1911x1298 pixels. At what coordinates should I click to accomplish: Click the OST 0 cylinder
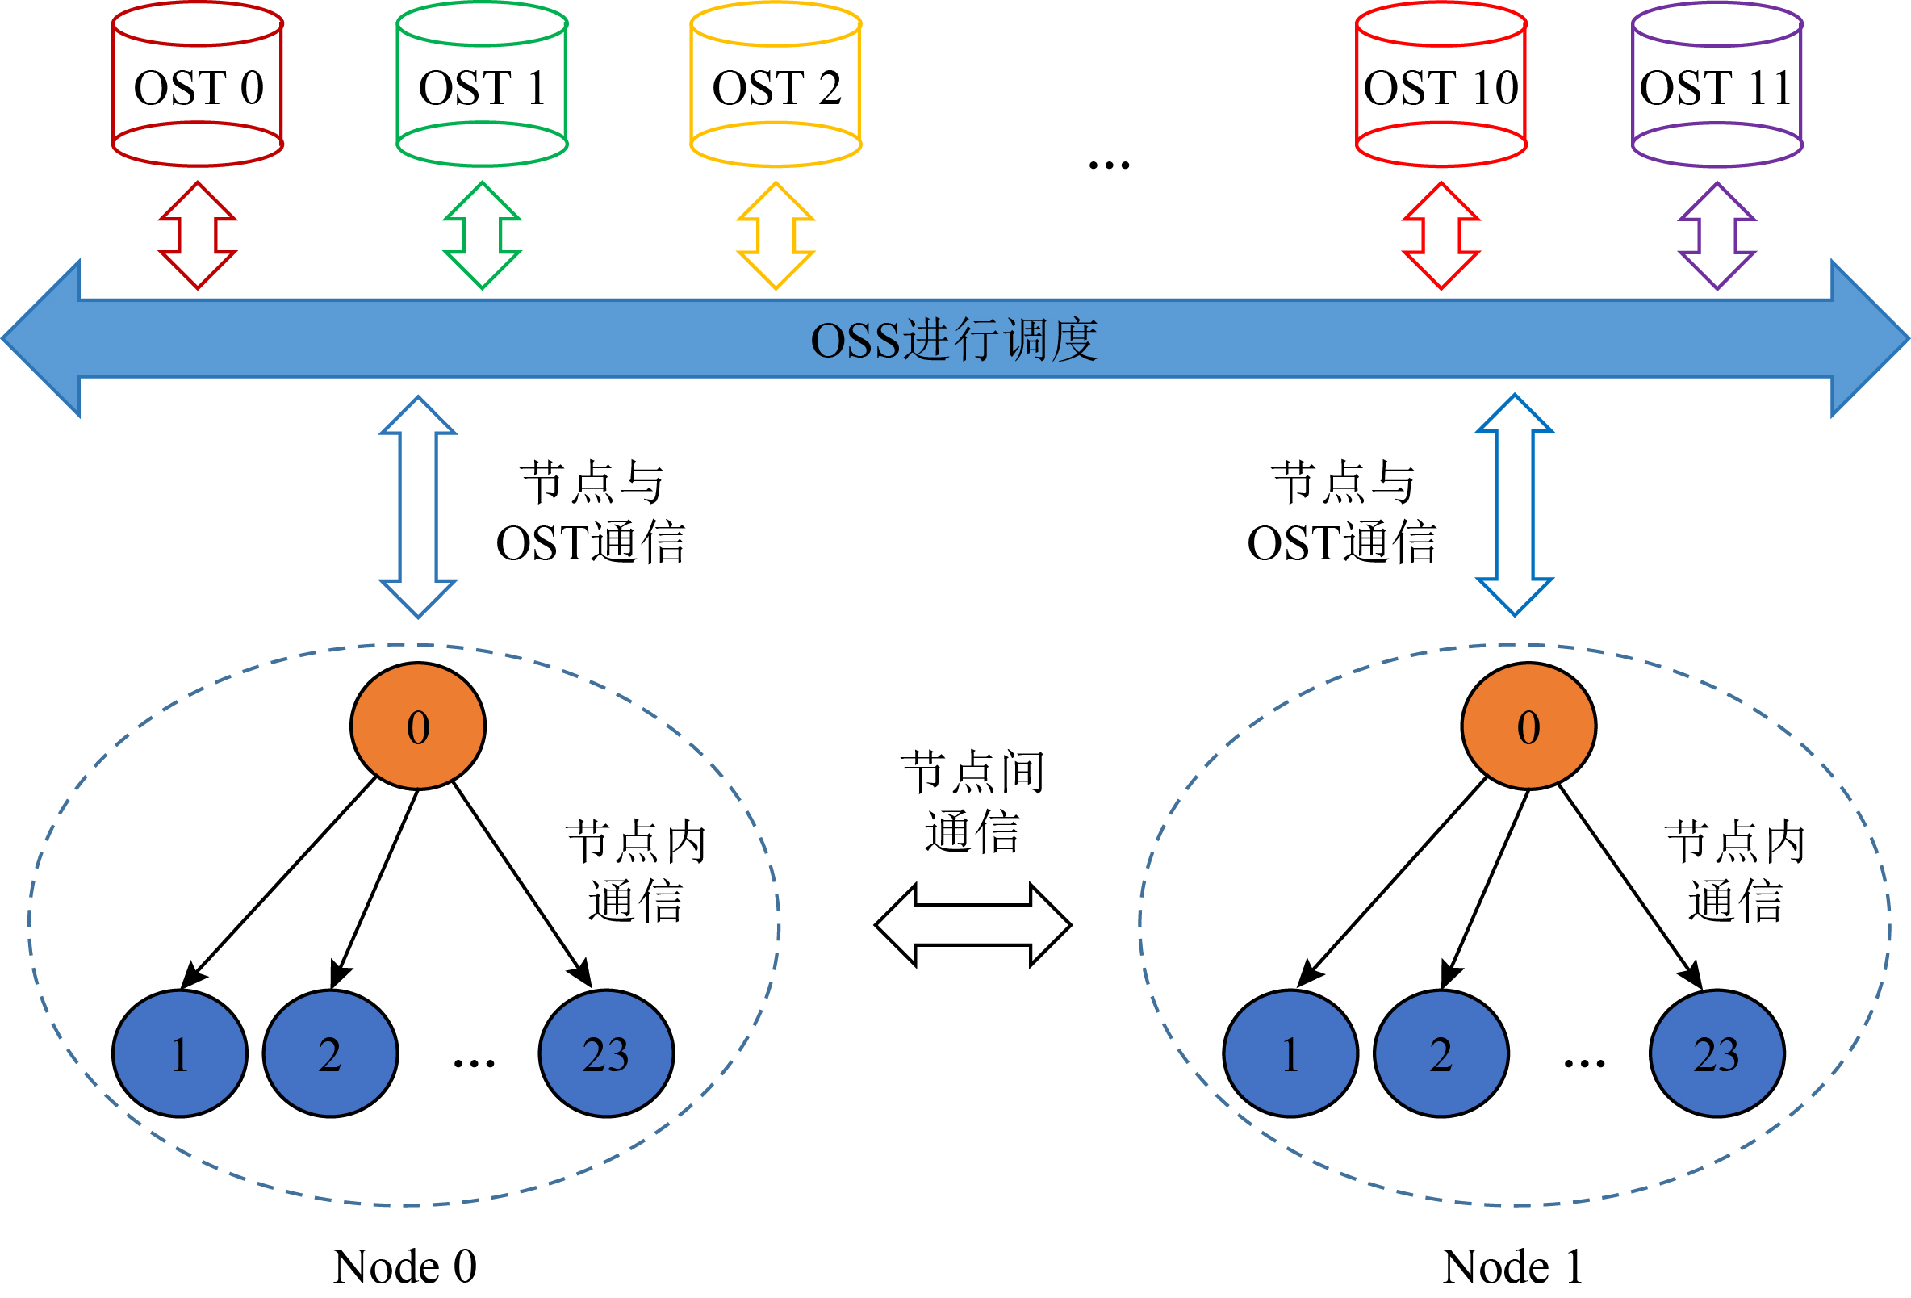tap(198, 86)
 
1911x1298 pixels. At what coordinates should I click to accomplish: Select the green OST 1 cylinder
tap(482, 86)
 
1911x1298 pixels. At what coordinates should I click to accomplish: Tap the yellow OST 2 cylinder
tap(776, 86)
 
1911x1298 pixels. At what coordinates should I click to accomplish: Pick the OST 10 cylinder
tap(1441, 86)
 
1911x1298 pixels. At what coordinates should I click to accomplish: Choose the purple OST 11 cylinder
tap(1717, 86)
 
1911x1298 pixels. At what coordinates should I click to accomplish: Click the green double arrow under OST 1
tap(482, 235)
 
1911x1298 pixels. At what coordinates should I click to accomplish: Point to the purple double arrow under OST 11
tap(1717, 235)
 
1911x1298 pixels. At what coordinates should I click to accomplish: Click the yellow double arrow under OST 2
tap(776, 235)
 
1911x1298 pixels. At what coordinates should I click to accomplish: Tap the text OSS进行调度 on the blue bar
tap(954, 340)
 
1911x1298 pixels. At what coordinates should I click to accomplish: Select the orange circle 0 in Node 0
tap(418, 726)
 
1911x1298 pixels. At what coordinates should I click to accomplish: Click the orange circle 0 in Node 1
tap(1528, 726)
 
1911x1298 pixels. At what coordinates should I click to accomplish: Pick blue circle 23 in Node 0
tap(606, 1053)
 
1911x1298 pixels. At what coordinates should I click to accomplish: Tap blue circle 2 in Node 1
tap(1441, 1053)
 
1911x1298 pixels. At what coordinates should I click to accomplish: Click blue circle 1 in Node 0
tap(180, 1053)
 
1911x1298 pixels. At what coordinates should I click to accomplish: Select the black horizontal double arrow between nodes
tap(972, 925)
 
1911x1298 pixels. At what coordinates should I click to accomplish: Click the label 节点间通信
tap(972, 802)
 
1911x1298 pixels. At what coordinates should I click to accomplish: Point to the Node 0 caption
tap(404, 1266)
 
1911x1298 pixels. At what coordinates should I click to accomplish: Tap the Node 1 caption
tap(1512, 1266)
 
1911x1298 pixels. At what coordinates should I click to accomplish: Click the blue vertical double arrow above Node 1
tap(1515, 505)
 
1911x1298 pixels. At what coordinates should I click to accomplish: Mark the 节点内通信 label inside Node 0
tap(636, 871)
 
